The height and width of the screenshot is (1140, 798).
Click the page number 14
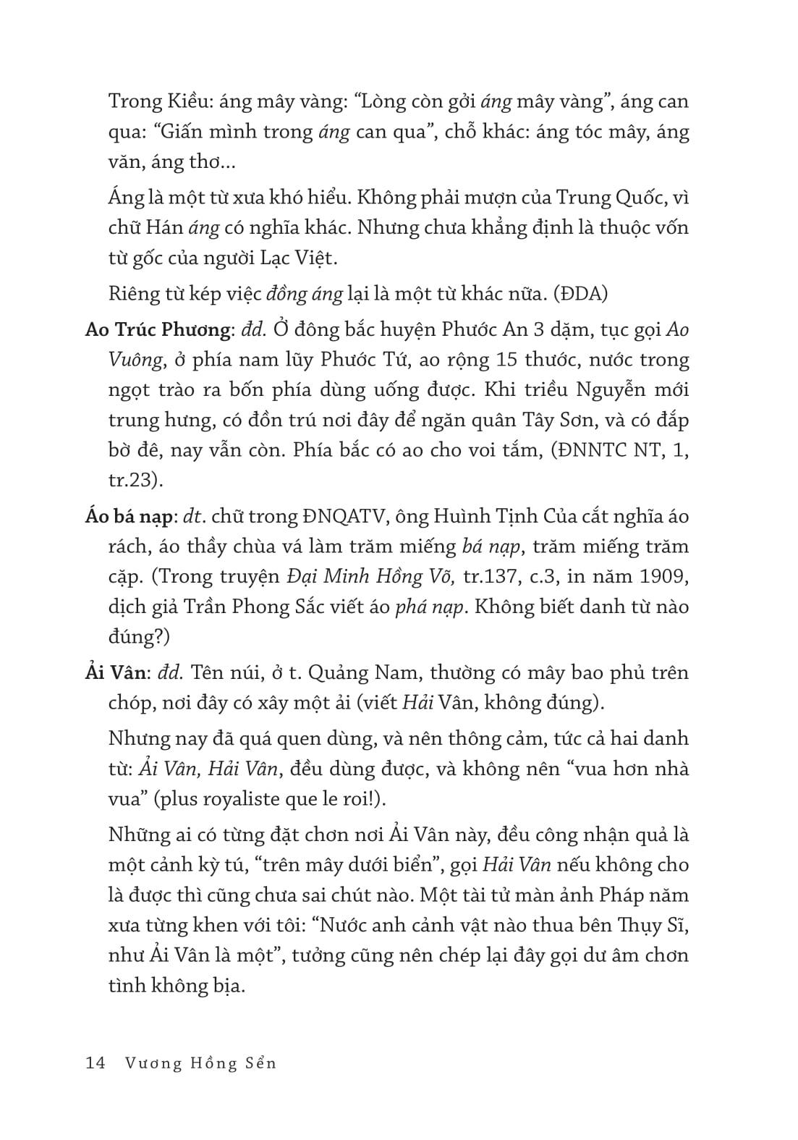tap(95, 1063)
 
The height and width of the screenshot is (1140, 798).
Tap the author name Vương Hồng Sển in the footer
tap(201, 1063)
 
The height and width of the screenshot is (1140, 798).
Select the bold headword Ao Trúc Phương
tap(157, 330)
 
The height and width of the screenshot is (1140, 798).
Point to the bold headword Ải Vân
tap(116, 673)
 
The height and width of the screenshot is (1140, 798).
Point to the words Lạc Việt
tap(297, 258)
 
